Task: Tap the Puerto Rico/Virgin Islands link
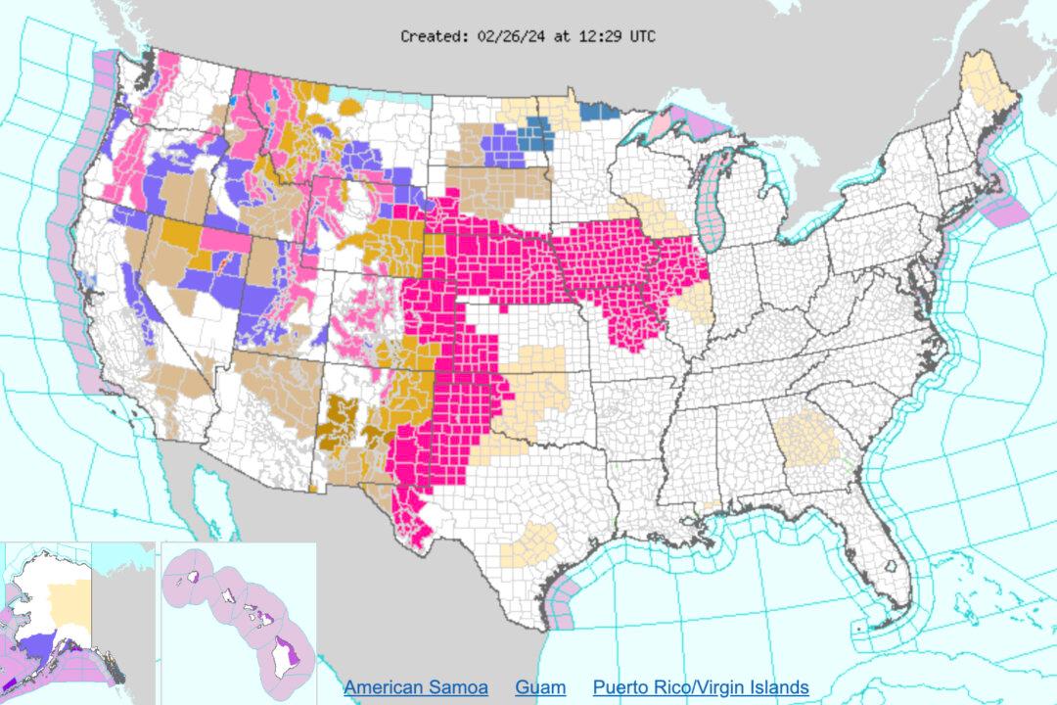point(701,687)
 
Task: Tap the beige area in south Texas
point(528,544)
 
